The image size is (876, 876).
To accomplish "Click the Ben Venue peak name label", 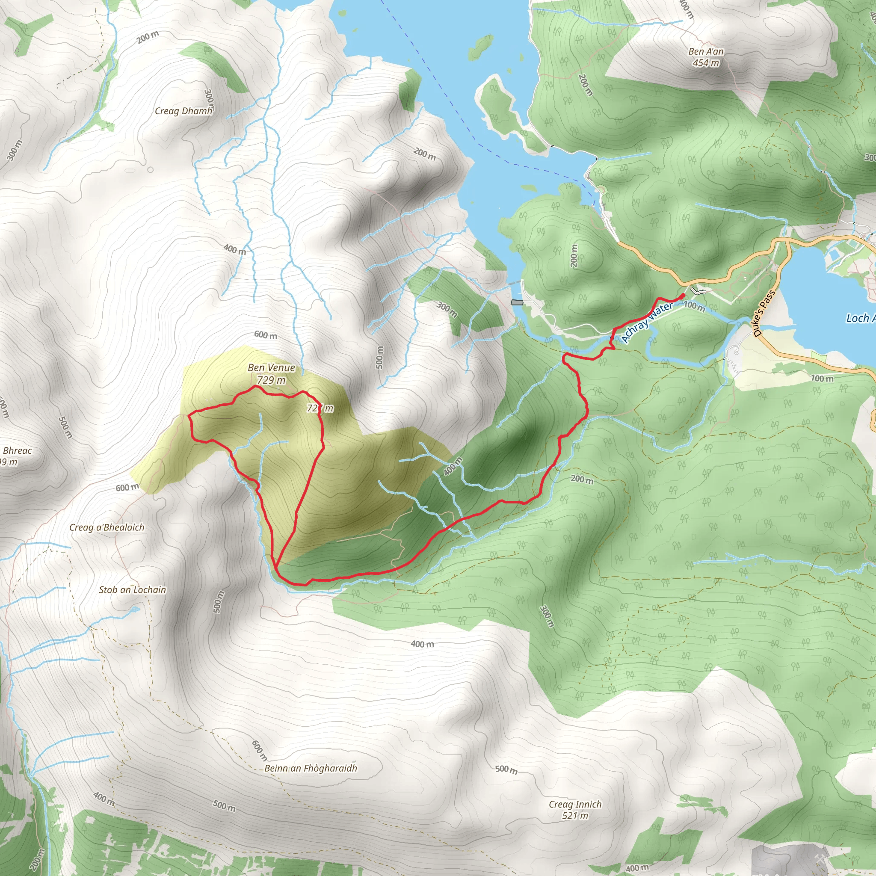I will pyautogui.click(x=271, y=368).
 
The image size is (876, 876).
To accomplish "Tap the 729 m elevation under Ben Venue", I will pyautogui.click(x=271, y=380).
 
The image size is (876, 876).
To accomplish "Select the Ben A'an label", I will pyautogui.click(x=706, y=51).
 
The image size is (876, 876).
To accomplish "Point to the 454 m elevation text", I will pyautogui.click(x=705, y=63).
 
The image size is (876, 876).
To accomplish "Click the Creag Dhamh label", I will pyautogui.click(x=183, y=111).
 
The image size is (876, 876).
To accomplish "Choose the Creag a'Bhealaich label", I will pyautogui.click(x=107, y=527).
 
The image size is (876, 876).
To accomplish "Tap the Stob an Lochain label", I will pyautogui.click(x=133, y=590).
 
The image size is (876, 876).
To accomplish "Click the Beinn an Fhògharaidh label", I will pyautogui.click(x=311, y=768).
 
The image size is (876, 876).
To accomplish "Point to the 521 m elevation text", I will pyautogui.click(x=575, y=816).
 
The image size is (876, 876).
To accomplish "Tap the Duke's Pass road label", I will pyautogui.click(x=764, y=313).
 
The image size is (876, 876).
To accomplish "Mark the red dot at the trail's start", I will pyautogui.click(x=682, y=296).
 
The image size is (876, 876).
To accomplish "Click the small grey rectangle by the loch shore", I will pyautogui.click(x=517, y=302).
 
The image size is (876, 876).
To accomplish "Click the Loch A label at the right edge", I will pyautogui.click(x=860, y=318).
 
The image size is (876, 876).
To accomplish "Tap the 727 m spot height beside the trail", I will pyautogui.click(x=320, y=408).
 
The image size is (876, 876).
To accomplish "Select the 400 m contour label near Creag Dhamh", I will pyautogui.click(x=235, y=249).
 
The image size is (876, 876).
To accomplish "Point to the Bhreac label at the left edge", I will pyautogui.click(x=17, y=451).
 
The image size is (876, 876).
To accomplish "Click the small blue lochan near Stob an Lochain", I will pyautogui.click(x=134, y=610).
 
